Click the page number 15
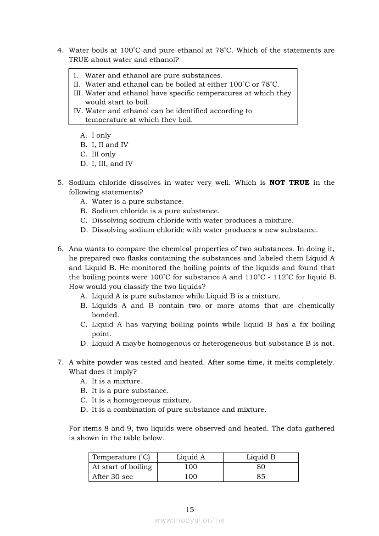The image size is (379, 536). pyautogui.click(x=190, y=509)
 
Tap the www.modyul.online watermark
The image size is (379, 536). pyautogui.click(x=189, y=520)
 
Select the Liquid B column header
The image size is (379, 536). pyautogui.click(x=261, y=457)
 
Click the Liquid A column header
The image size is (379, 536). pyautogui.click(x=190, y=457)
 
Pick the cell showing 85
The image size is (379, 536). pyautogui.click(x=261, y=476)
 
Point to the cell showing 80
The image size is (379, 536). pyautogui.click(x=261, y=467)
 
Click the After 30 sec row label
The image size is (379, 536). pyautogui.click(x=112, y=476)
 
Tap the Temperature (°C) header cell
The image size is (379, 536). pyautogui.click(x=121, y=457)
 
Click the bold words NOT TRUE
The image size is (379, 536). pyautogui.click(x=289, y=182)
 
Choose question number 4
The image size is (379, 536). pyautogui.click(x=60, y=50)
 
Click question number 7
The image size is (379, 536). pyautogui.click(x=60, y=362)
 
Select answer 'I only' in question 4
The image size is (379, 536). pyautogui.click(x=101, y=135)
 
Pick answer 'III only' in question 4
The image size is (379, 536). pyautogui.click(x=103, y=154)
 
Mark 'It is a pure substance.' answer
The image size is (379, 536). pyautogui.click(x=130, y=391)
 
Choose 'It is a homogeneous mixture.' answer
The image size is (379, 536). pyautogui.click(x=141, y=400)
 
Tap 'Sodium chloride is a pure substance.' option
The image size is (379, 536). pyautogui.click(x=156, y=211)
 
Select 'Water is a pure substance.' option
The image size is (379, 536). pyautogui.click(x=137, y=201)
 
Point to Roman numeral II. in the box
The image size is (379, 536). pyautogui.click(x=77, y=84)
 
